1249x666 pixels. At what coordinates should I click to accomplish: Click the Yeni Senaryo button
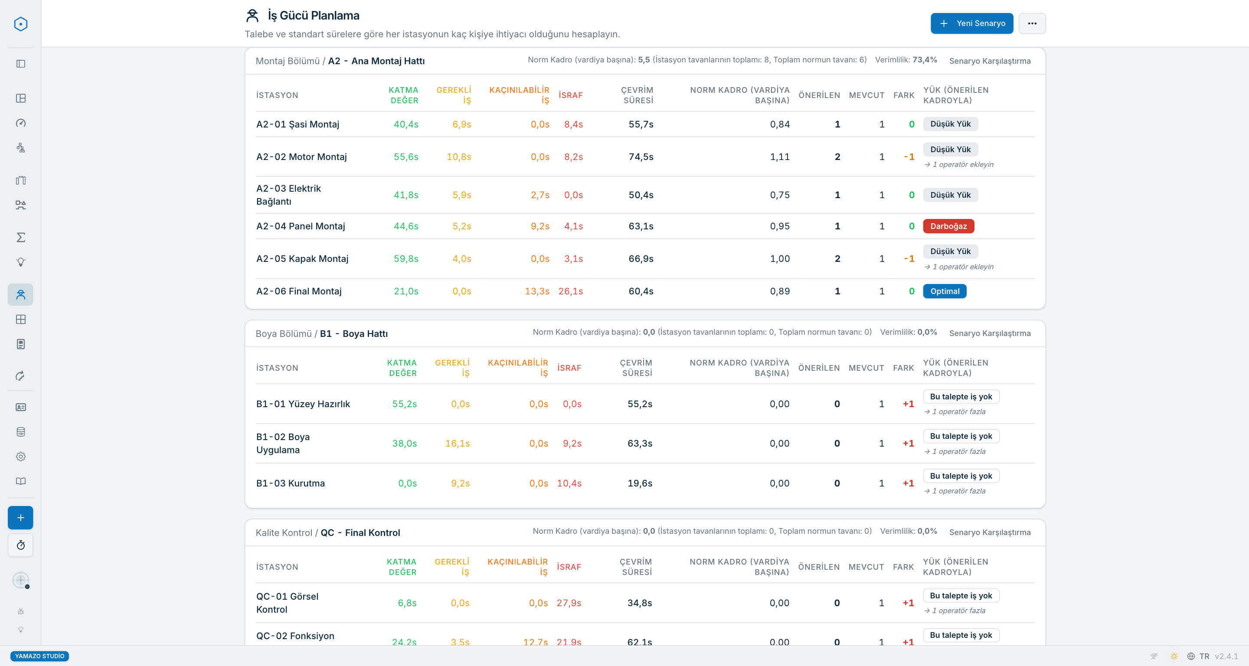[x=971, y=23]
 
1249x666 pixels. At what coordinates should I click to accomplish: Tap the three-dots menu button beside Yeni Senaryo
[x=1032, y=23]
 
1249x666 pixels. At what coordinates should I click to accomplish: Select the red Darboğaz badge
[x=948, y=226]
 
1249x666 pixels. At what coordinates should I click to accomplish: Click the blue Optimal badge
[x=945, y=291]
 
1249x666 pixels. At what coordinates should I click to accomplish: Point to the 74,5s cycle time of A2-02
[x=641, y=157]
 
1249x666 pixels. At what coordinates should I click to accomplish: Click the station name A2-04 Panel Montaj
[x=301, y=226]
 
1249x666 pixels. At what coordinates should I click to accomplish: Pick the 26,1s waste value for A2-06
[x=570, y=291]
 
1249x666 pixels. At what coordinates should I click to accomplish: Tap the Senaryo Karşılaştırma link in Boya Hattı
[x=990, y=333]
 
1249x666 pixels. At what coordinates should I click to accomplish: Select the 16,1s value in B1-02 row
[x=457, y=443]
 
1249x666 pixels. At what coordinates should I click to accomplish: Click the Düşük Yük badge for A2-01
[x=950, y=124]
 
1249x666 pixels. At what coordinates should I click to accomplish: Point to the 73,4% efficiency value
[x=925, y=60]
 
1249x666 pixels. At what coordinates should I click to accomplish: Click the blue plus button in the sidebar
[x=20, y=517]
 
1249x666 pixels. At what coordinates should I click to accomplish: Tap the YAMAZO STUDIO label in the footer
[x=39, y=656]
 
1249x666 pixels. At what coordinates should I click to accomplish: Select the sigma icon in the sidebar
[x=20, y=237]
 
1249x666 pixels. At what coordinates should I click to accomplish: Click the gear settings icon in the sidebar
[x=20, y=456]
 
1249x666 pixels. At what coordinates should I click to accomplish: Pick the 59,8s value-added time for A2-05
[x=406, y=258]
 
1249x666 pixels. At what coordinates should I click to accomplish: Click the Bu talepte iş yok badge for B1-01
[x=961, y=396]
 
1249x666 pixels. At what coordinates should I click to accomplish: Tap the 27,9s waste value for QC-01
[x=569, y=603]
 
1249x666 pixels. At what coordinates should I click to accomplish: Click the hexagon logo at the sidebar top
[x=20, y=24]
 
